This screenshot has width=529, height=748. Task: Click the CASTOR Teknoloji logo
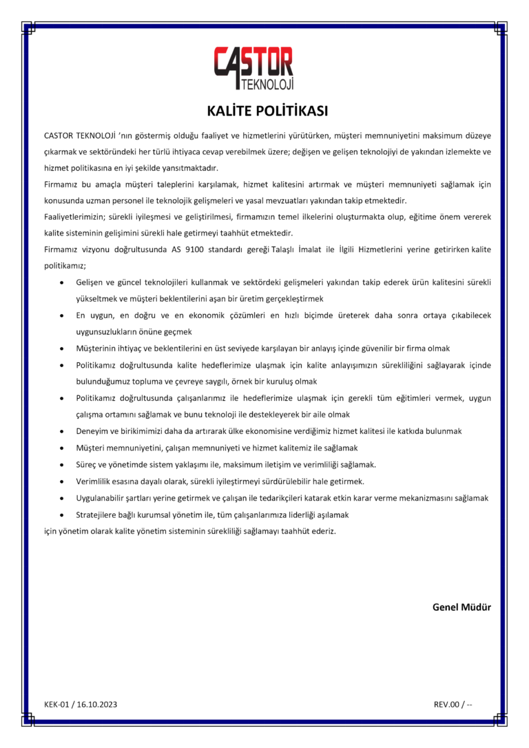[x=254, y=69]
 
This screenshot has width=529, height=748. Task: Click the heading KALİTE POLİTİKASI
[x=264, y=111]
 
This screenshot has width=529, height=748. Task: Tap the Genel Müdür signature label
[x=461, y=607]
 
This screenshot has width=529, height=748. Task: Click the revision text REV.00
[x=446, y=704]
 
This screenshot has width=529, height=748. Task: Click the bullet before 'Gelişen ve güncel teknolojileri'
[x=63, y=282]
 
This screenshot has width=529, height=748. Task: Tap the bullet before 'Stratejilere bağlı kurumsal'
[x=63, y=515]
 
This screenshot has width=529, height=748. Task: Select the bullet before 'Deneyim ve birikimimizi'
[x=63, y=431]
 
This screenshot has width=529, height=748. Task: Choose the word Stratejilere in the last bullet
[x=99, y=515]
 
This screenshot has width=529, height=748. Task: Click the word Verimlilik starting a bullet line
[x=96, y=481]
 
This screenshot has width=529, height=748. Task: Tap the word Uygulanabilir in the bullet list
[x=103, y=498]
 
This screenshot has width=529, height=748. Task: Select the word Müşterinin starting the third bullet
[x=99, y=349]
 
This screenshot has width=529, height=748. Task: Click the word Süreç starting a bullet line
[x=87, y=464]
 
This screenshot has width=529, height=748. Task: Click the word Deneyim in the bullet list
[x=93, y=431]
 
